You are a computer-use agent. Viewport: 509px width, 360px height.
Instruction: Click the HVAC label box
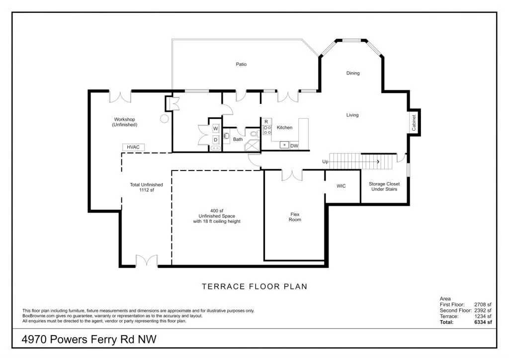pyautogui.click(x=133, y=147)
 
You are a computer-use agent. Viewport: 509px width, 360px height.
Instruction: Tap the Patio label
pyautogui.click(x=241, y=64)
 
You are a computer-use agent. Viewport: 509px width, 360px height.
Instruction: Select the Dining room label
pyautogui.click(x=353, y=73)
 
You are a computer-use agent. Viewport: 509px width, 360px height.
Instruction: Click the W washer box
pyautogui.click(x=216, y=128)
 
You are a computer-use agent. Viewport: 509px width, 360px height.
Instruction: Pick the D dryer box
pyautogui.click(x=216, y=140)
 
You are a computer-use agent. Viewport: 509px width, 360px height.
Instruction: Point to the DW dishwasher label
pyautogui.click(x=294, y=146)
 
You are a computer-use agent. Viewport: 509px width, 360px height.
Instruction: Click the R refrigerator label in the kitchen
pyautogui.click(x=266, y=121)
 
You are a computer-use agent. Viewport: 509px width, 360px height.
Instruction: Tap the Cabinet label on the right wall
pyautogui.click(x=414, y=123)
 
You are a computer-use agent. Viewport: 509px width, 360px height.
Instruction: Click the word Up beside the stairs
pyautogui.click(x=325, y=162)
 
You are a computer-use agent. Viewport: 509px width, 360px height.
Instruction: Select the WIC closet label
pyautogui.click(x=341, y=186)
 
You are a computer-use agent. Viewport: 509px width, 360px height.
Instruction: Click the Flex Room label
pyautogui.click(x=295, y=217)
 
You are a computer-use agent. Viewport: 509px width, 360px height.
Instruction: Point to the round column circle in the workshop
pyautogui.click(x=164, y=119)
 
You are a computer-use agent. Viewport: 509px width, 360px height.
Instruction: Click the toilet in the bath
pyautogui.click(x=254, y=134)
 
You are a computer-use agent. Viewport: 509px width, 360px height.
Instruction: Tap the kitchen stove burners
pyautogui.click(x=267, y=130)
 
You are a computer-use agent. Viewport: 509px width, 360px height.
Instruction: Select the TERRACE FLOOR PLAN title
pyautogui.click(x=254, y=286)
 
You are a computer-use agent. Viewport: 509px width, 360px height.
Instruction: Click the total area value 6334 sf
pyautogui.click(x=482, y=322)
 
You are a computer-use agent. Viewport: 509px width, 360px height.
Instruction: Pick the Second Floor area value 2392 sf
pyautogui.click(x=482, y=310)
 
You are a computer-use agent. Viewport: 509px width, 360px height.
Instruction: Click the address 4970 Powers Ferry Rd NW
pyautogui.click(x=89, y=340)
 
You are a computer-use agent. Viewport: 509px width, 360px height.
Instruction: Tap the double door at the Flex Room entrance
pyautogui.click(x=292, y=175)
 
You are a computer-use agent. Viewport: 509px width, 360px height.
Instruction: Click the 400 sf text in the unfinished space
pyautogui.click(x=217, y=210)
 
